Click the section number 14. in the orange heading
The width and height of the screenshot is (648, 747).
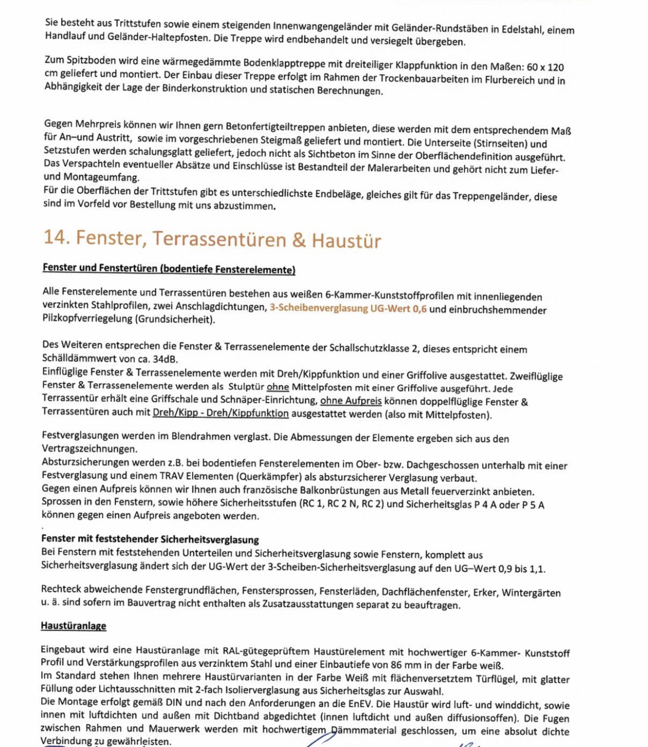56,238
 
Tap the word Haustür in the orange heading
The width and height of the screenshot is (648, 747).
346,241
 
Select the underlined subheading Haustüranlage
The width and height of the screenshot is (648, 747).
74,625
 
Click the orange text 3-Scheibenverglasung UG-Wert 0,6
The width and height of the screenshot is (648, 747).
348,309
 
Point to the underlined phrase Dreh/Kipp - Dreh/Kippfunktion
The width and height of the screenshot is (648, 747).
220,413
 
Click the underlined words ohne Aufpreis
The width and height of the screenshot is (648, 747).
351,401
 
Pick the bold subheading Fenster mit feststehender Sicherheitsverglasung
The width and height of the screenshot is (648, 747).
150,539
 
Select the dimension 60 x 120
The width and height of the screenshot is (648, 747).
545,67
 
